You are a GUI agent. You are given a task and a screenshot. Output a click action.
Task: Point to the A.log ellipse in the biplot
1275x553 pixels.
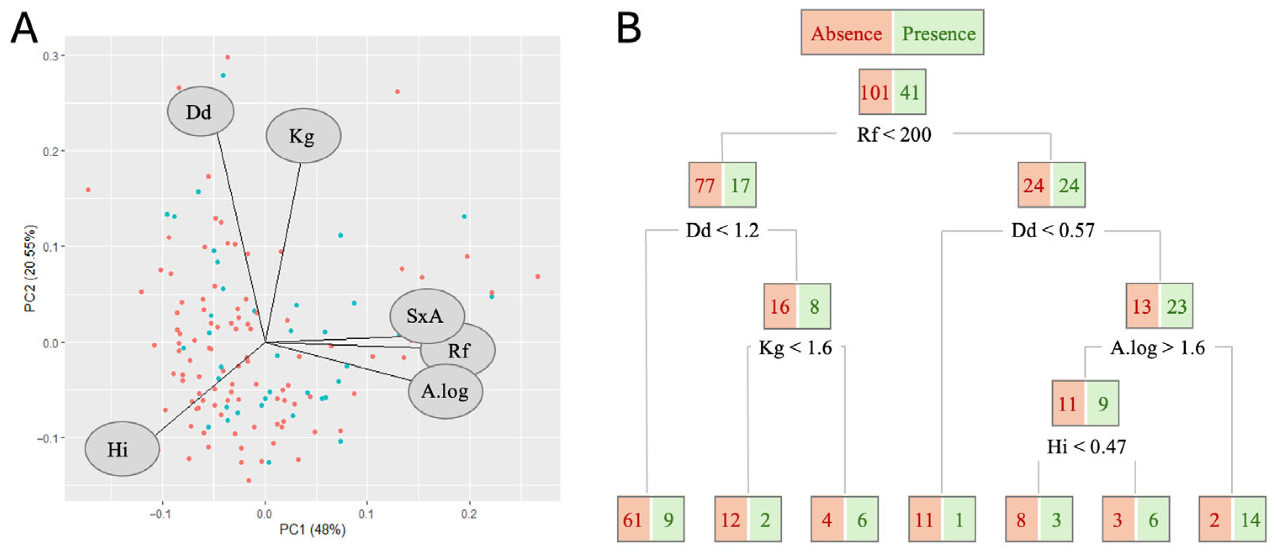pos(445,391)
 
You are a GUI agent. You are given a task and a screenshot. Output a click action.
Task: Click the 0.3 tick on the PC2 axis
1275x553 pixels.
pos(50,56)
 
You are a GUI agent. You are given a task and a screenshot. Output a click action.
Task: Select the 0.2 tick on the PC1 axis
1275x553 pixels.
pos(469,514)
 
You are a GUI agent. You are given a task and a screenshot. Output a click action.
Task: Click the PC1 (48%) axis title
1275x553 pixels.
pos(312,530)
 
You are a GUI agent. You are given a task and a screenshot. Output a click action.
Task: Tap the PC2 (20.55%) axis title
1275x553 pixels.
pos(31,269)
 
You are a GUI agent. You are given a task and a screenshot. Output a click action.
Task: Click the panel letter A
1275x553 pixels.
pos(24,28)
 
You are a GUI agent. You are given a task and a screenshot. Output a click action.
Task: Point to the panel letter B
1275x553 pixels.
pos(629,28)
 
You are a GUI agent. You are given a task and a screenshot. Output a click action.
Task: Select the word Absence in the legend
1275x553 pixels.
pos(846,34)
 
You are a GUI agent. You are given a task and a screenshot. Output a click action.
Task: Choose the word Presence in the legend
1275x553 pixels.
pos(939,34)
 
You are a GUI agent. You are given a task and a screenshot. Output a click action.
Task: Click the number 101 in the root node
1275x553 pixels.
pos(875,92)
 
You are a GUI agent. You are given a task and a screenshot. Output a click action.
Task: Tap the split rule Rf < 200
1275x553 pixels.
pos(894,134)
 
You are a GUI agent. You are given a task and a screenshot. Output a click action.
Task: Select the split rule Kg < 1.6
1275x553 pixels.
pos(795,348)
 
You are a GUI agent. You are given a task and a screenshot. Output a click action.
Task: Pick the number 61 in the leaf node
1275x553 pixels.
pos(632,520)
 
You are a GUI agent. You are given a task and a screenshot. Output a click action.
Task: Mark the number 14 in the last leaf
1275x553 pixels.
pos(1250,520)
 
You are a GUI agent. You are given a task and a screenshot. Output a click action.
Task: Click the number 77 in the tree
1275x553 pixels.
pos(705,185)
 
